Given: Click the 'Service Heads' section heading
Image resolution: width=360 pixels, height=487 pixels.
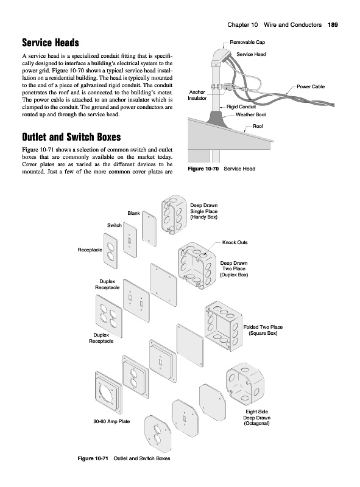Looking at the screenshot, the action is [51, 43].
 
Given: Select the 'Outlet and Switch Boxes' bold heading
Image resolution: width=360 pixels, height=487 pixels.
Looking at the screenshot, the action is [71, 137].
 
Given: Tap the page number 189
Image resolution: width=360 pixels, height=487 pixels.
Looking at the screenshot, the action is [333, 25].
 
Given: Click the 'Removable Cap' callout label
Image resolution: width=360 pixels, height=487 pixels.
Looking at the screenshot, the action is [247, 42].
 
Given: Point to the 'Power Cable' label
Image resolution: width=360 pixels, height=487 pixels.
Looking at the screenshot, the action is [311, 86].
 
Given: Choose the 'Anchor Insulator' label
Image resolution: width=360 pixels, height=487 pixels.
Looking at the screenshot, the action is [197, 95].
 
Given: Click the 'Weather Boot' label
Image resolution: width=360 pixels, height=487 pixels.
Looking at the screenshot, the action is [250, 114].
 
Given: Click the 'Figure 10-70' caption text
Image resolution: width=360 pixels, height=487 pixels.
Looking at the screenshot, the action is [203, 169].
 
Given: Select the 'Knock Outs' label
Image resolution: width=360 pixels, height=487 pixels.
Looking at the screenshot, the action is [235, 242].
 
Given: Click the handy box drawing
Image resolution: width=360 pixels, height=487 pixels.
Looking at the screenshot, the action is [174, 214].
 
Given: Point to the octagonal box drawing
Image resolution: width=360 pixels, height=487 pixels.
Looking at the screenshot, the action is [245, 383].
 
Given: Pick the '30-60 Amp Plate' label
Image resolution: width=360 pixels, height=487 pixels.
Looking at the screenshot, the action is [111, 421].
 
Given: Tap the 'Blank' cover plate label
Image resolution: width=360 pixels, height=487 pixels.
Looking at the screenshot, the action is [133, 213].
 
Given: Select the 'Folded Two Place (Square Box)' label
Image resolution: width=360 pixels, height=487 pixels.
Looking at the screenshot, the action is [263, 330].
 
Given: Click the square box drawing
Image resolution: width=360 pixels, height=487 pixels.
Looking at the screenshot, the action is [224, 326].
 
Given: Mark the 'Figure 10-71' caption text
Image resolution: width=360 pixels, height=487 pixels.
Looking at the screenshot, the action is [93, 458].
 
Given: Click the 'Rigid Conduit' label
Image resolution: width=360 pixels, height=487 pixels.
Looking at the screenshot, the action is [241, 107].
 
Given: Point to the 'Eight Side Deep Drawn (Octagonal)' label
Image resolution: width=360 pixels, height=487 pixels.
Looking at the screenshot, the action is [257, 418].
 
